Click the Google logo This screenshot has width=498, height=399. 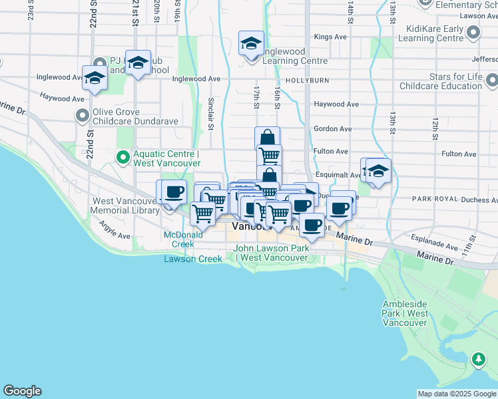[x=22, y=391]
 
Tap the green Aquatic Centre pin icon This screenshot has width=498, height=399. [x=123, y=158]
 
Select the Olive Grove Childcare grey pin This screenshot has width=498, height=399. [x=83, y=116]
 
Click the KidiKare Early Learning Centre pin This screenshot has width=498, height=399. [x=473, y=32]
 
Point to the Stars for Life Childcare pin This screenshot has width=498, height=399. [x=491, y=80]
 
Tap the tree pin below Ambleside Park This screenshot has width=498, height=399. [x=478, y=360]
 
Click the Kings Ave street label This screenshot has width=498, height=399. [x=332, y=37]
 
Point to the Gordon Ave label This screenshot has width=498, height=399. [x=332, y=128]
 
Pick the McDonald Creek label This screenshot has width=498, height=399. [x=184, y=239]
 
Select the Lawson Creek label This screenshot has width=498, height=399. [x=193, y=259]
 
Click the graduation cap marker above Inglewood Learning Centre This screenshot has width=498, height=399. [x=251, y=43]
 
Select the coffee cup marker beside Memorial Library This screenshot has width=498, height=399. [x=174, y=192]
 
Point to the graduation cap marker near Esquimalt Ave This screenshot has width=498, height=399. [x=378, y=171]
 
